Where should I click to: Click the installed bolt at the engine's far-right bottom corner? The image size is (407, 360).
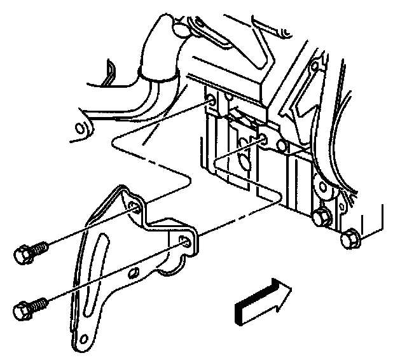pyautogui.click(x=349, y=239)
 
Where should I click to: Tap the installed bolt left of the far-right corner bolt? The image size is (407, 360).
pyautogui.click(x=321, y=216)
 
